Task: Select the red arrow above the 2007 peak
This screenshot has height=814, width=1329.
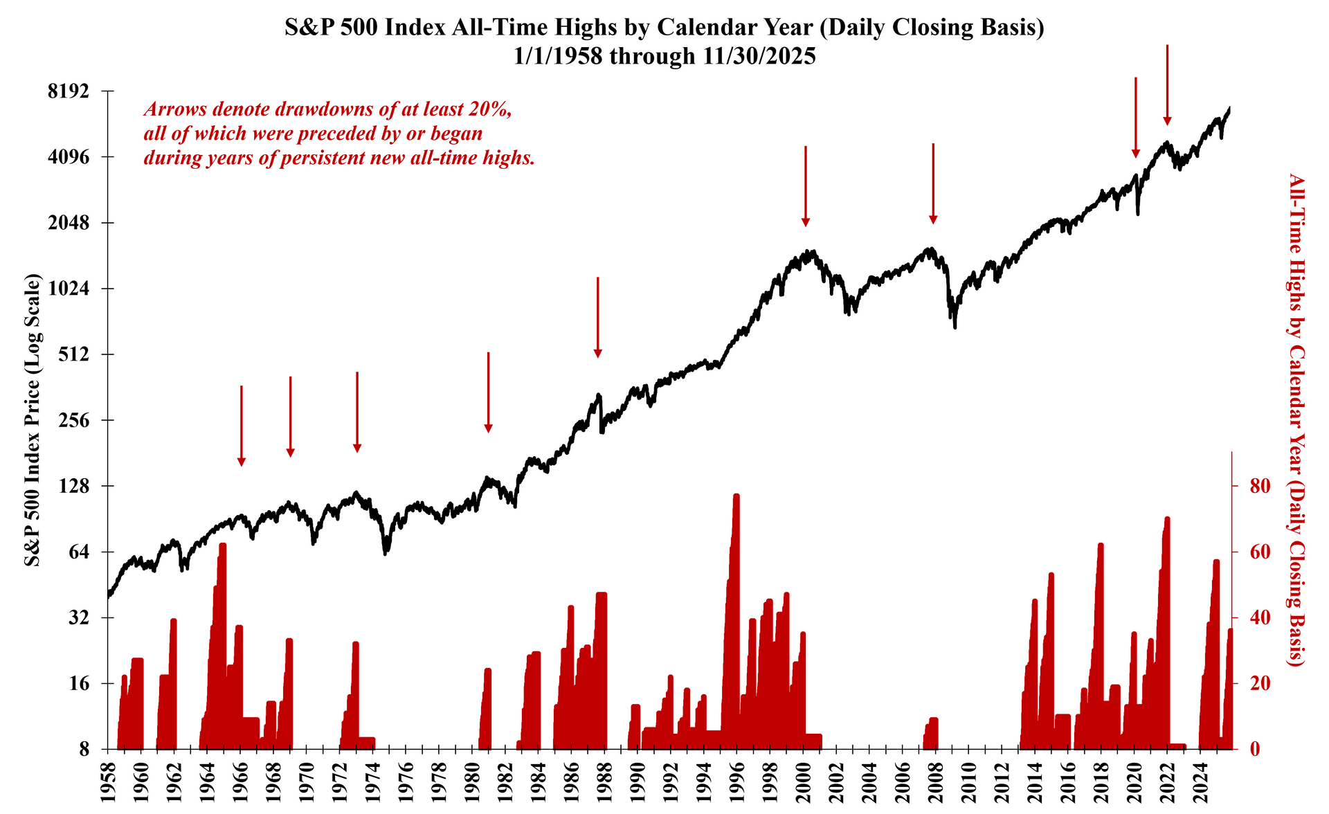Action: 933,183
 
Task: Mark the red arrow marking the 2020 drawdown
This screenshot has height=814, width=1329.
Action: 1135,117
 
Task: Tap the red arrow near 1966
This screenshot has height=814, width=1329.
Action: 242,426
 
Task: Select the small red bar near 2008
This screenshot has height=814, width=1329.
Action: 933,734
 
